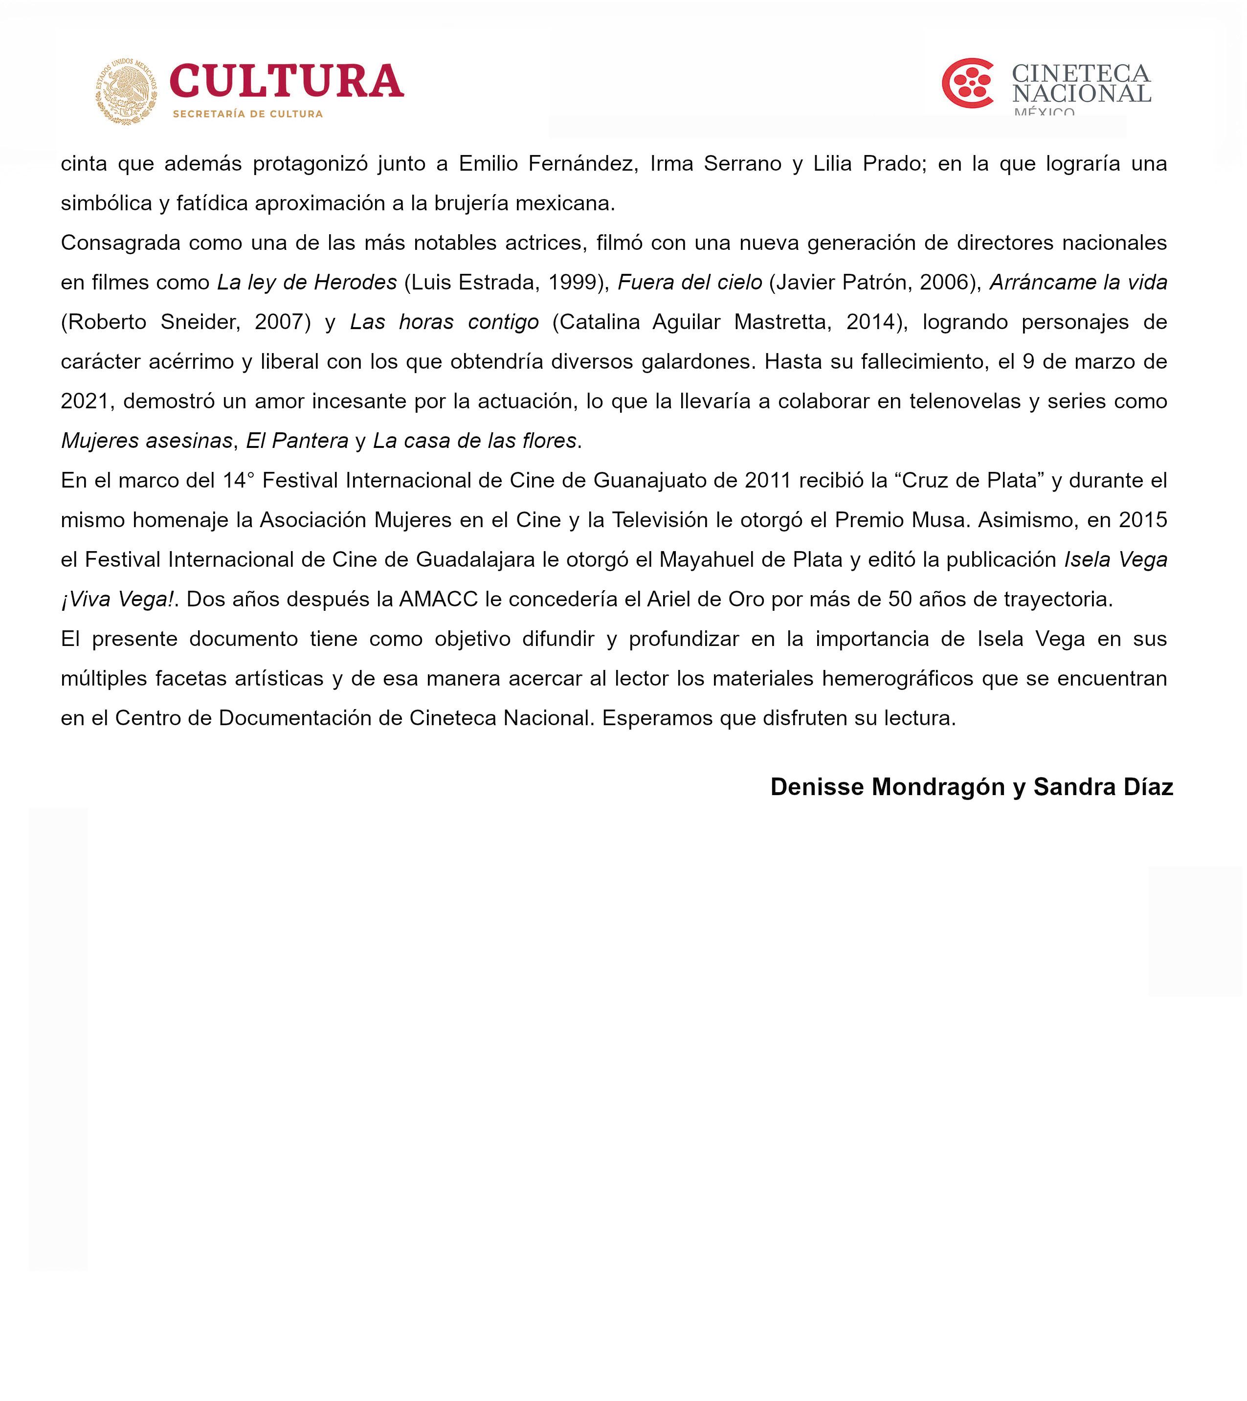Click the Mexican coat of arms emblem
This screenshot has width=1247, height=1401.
(126, 90)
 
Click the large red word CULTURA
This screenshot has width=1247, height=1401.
(287, 82)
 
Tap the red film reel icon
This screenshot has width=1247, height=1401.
(967, 83)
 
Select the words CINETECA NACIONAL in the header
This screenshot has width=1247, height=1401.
(1081, 84)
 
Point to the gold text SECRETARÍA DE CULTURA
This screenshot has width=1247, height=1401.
(247, 114)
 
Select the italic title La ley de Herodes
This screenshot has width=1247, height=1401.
(307, 282)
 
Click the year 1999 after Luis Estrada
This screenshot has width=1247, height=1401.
(573, 282)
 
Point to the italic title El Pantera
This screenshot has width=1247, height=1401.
(297, 441)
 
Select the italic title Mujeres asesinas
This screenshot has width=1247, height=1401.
(147, 441)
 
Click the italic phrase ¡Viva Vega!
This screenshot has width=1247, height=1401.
(118, 600)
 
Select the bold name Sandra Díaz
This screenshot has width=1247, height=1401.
(1103, 787)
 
